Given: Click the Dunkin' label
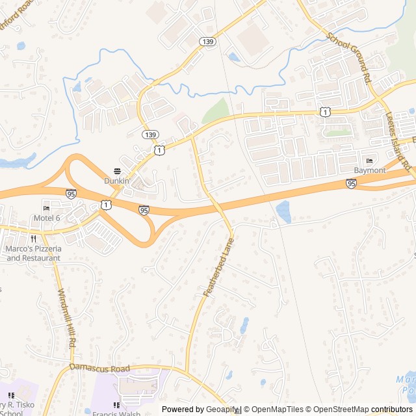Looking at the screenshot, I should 118,181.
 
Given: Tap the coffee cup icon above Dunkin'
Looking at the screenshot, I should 118,171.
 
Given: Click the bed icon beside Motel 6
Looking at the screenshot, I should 46,208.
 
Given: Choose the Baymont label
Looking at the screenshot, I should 370,170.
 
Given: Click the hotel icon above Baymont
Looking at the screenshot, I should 370,161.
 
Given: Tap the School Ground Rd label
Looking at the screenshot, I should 349,57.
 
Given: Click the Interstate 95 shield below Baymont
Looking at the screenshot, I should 351,184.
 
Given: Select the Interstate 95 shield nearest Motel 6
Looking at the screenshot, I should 71,193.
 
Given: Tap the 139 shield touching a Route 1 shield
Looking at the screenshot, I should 151,134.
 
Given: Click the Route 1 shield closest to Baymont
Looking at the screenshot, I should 324,112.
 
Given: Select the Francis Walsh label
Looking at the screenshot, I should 117,413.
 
